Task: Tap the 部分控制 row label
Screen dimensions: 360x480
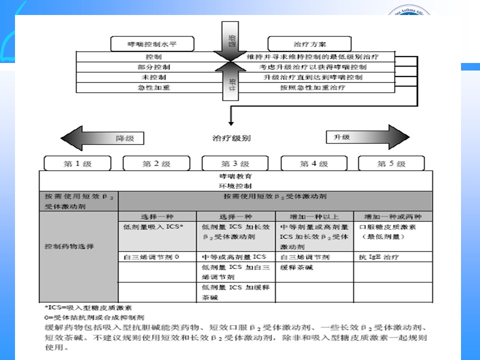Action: pyautogui.click(x=153, y=67)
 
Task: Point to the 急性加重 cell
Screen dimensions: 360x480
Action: pyautogui.click(x=153, y=87)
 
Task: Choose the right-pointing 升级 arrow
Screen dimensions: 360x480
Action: pyautogui.click(x=367, y=137)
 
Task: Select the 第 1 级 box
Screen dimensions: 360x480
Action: pyautogui.click(x=77, y=163)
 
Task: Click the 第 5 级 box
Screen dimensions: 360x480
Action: pyautogui.click(x=391, y=163)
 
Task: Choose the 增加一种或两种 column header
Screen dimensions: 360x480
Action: pyautogui.click(x=392, y=216)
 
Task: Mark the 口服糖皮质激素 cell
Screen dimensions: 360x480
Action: pyautogui.click(x=392, y=231)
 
